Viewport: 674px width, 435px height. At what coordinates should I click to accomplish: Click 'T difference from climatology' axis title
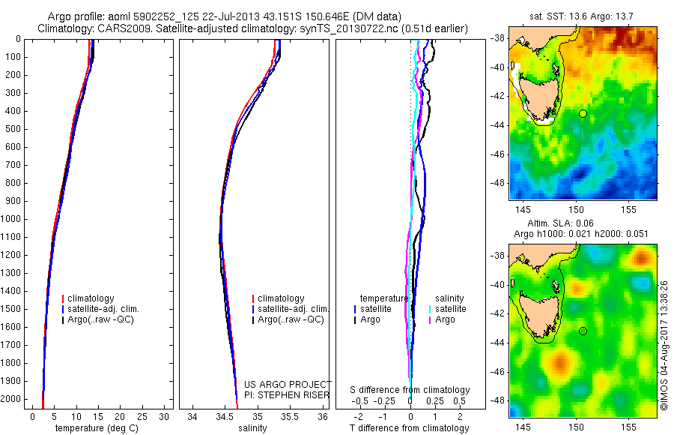click(x=410, y=428)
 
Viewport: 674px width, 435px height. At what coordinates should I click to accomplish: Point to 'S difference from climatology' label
click(x=410, y=390)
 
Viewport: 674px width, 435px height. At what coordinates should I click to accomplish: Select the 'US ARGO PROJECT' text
click(x=288, y=385)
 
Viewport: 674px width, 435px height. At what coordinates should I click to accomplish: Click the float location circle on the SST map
click(x=583, y=113)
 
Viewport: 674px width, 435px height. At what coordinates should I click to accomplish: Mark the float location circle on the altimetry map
click(x=583, y=331)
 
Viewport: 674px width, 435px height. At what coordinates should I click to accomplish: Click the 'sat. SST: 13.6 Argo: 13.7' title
click(x=583, y=17)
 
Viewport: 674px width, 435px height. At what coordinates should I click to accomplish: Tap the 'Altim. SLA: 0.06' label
click(x=583, y=224)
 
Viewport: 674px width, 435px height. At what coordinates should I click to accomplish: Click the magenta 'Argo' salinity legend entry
click(x=445, y=319)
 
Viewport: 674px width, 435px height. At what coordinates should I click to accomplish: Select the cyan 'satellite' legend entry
click(x=451, y=309)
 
